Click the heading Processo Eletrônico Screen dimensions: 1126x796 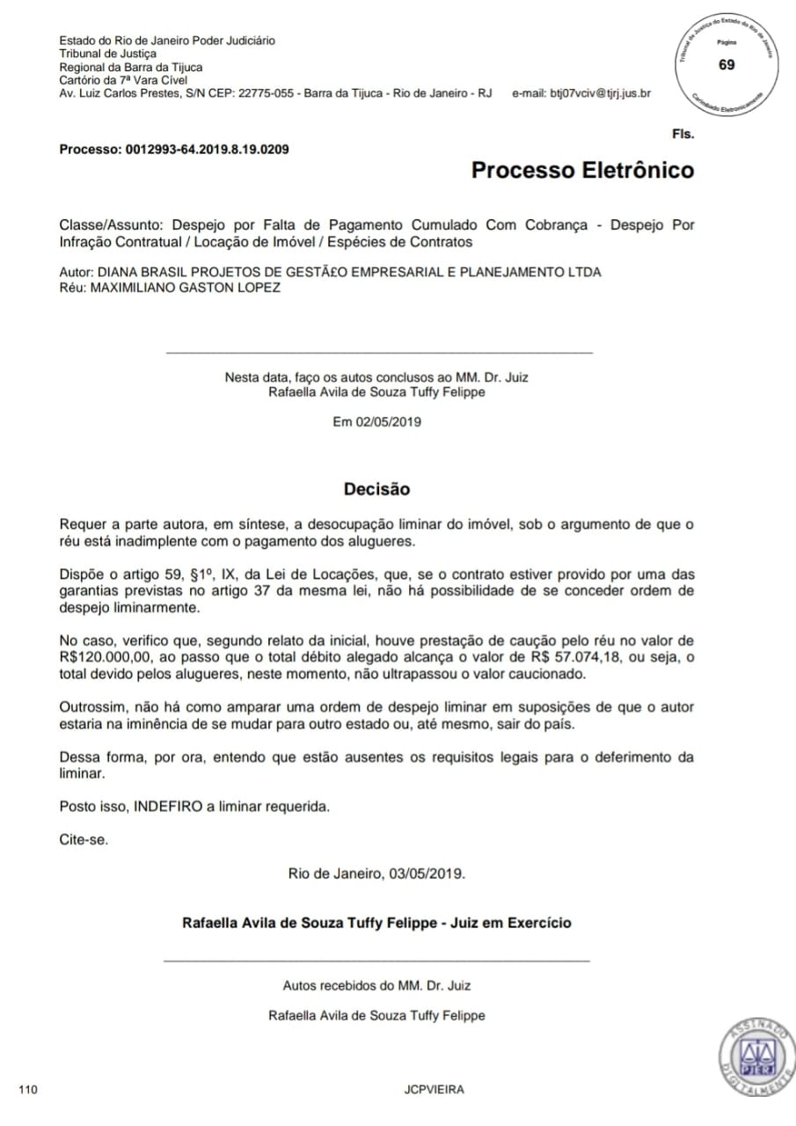tap(582, 170)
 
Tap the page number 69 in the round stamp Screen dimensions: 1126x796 tap(727, 65)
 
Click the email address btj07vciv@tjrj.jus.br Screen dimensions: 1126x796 tap(600, 93)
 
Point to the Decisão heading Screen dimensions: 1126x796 tap(376, 488)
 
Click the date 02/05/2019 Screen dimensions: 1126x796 tap(389, 421)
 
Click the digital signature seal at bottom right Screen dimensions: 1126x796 tap(756, 1057)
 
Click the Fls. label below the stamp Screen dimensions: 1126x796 tap(683, 135)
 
